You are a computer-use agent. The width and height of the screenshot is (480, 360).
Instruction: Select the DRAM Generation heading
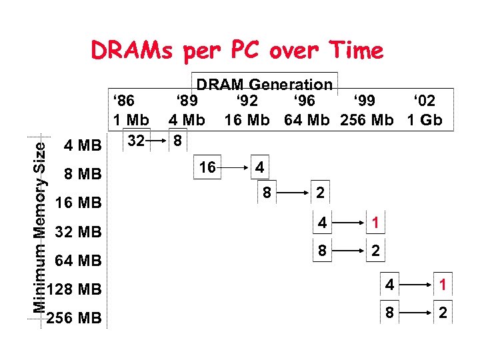click(x=264, y=85)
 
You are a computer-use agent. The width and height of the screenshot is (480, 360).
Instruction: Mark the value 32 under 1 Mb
click(x=136, y=141)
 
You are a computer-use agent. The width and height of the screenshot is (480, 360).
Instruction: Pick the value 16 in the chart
click(x=207, y=167)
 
